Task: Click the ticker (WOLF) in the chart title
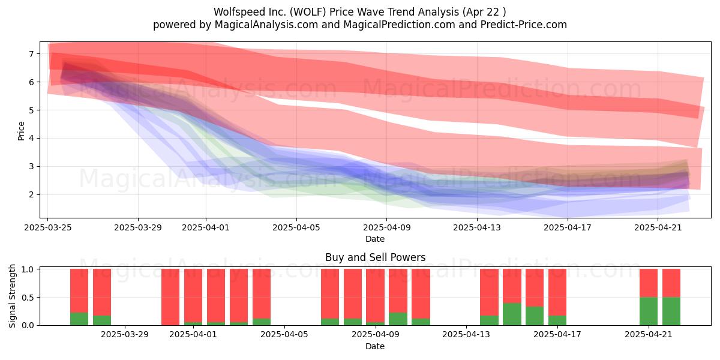click(308, 12)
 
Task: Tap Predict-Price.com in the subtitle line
click(524, 25)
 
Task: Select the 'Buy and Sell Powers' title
click(375, 257)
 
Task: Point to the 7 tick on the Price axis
click(31, 53)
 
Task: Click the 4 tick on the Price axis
click(31, 138)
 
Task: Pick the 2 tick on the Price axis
click(31, 194)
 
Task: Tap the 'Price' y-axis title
click(21, 131)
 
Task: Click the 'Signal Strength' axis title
click(12, 296)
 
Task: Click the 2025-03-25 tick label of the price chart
click(48, 227)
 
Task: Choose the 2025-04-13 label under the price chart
click(477, 227)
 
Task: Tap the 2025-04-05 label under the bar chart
click(284, 335)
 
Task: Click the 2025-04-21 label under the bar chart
click(649, 335)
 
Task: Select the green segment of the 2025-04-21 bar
click(649, 311)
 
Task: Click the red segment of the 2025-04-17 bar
click(557, 292)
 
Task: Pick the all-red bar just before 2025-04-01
click(170, 297)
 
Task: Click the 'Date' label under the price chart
click(375, 239)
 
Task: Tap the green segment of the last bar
click(671, 311)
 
